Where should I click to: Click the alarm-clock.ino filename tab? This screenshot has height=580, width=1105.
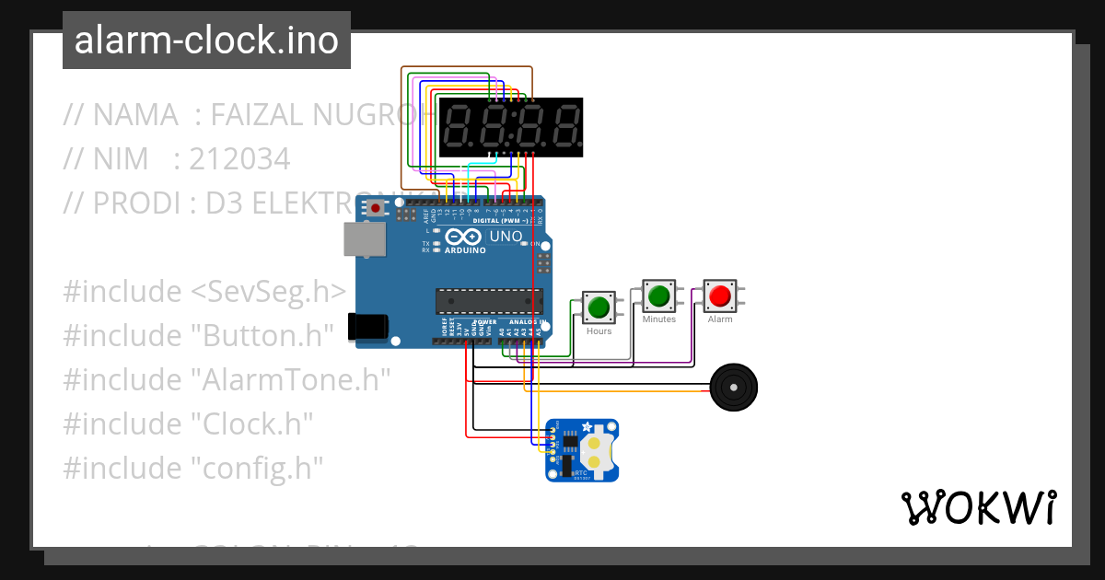pyautogui.click(x=206, y=41)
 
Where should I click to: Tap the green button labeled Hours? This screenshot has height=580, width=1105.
pyautogui.click(x=599, y=307)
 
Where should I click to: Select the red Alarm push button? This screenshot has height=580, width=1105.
pyautogui.click(x=719, y=296)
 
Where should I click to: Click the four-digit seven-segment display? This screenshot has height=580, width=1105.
pyautogui.click(x=511, y=127)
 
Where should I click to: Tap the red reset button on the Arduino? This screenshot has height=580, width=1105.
pyautogui.click(x=377, y=209)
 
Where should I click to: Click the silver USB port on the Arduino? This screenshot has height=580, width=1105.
pyautogui.click(x=365, y=238)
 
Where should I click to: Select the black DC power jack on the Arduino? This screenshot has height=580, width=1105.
pyautogui.click(x=367, y=326)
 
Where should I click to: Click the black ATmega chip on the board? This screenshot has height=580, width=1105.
pyautogui.click(x=489, y=300)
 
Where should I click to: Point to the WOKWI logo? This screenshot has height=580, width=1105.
pyautogui.click(x=977, y=507)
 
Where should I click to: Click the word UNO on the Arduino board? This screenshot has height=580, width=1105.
pyautogui.click(x=506, y=237)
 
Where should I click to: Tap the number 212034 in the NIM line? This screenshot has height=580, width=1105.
pyautogui.click(x=239, y=159)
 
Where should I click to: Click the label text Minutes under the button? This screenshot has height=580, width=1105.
pyautogui.click(x=658, y=319)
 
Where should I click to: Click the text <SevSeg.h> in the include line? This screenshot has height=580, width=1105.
pyautogui.click(x=268, y=292)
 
